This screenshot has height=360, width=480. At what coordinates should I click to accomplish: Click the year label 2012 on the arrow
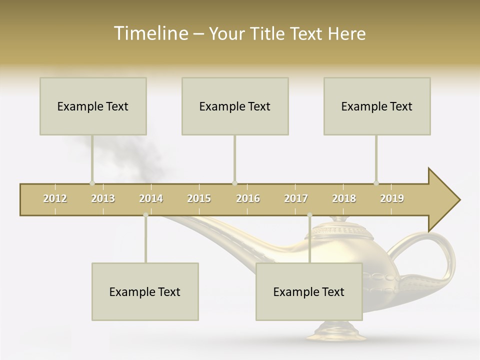tap(55, 198)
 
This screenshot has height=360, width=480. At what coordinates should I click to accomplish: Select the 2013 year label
tap(103, 198)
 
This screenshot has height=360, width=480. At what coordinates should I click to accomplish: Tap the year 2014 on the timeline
tap(151, 198)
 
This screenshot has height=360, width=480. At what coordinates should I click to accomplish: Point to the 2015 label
tap(199, 198)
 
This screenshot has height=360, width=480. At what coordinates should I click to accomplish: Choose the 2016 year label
tap(248, 198)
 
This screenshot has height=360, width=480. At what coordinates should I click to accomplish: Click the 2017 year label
tap(296, 198)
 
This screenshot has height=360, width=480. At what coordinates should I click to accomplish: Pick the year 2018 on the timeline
tap(344, 198)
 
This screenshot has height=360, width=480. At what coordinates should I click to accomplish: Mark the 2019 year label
tap(392, 198)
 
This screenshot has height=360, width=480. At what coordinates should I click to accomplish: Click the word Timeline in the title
tap(150, 33)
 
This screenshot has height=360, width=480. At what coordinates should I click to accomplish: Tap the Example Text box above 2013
tap(93, 106)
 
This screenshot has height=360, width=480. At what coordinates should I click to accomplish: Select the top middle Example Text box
tap(235, 106)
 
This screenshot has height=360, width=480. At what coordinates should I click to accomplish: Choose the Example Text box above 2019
tap(377, 106)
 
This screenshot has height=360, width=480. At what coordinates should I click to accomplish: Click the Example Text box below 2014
tap(145, 291)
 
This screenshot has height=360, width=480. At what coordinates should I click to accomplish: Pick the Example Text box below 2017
tap(309, 291)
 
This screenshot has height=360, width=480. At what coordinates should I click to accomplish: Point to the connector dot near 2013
tap(92, 183)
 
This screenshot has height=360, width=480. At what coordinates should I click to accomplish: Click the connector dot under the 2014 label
tap(145, 215)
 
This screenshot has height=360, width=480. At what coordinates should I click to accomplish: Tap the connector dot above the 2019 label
tap(376, 183)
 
